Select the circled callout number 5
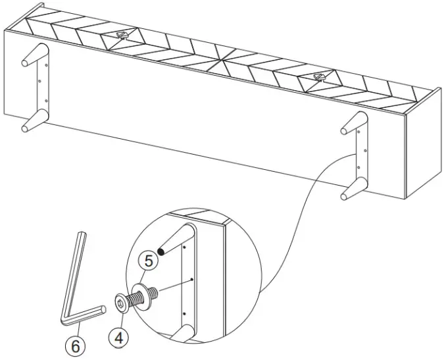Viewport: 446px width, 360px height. pos(149,261)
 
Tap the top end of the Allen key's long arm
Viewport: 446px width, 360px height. pos(81,234)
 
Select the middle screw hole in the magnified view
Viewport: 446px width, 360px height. pos(190,280)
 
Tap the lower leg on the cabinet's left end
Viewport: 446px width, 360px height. pos(33,122)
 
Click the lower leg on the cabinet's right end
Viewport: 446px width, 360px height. pos(353,190)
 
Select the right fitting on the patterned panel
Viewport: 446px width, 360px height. pos(320,78)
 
